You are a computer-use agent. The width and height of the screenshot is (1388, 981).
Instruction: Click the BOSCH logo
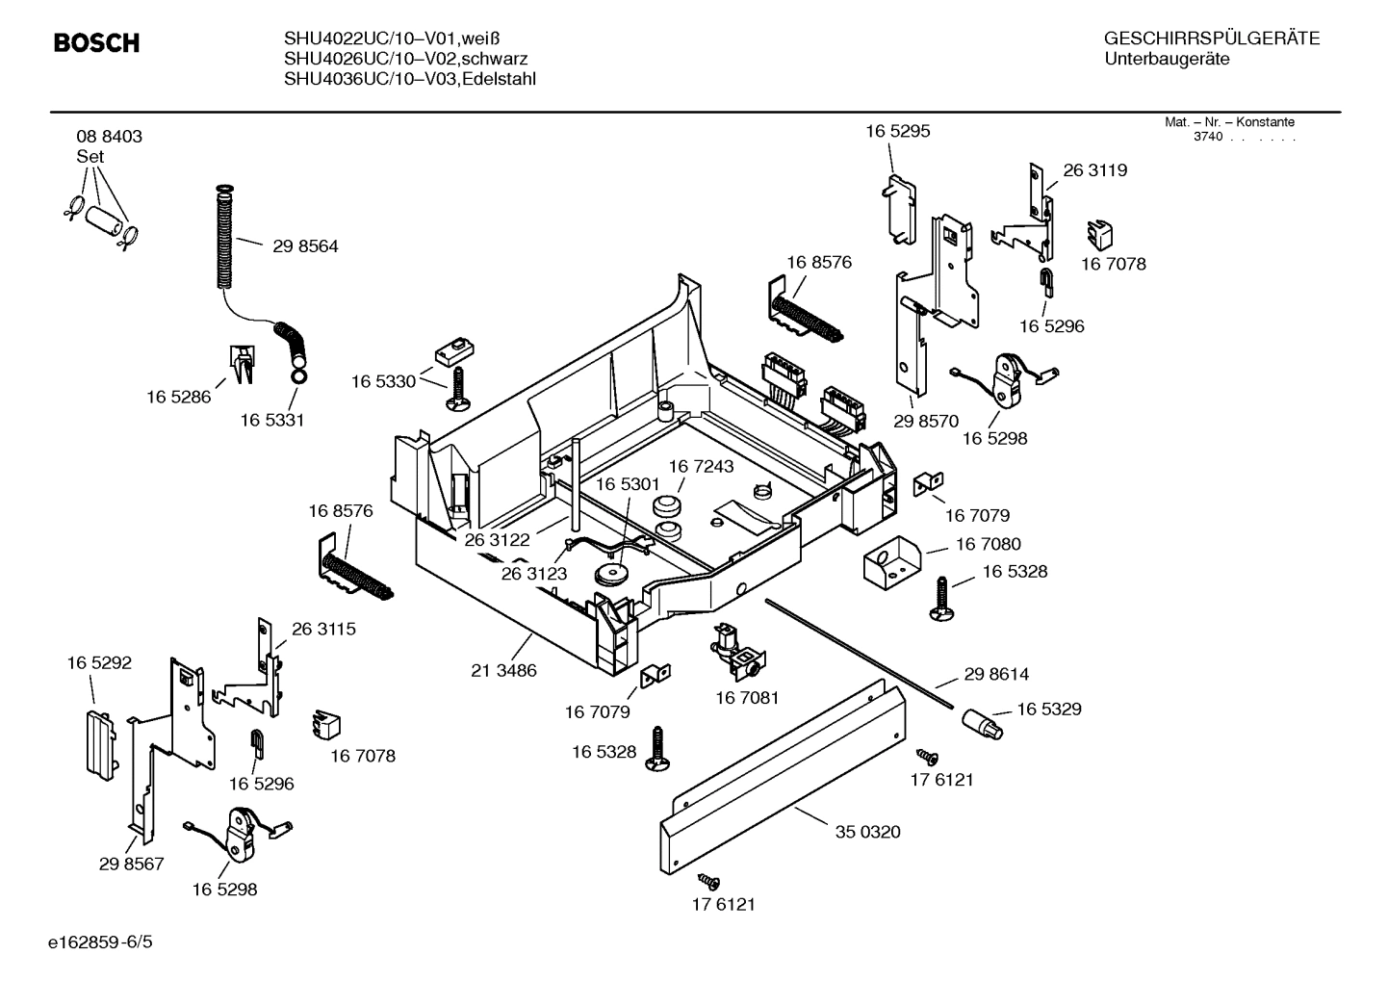[96, 42]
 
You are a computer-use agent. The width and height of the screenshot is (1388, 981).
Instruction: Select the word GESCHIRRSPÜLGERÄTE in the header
[1211, 39]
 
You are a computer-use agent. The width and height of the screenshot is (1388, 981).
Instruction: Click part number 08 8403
[109, 137]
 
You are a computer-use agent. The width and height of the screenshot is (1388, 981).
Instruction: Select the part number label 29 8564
[305, 246]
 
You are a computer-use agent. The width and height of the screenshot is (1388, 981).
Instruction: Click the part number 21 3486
[503, 670]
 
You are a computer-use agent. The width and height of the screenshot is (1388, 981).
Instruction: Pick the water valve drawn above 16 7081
[736, 651]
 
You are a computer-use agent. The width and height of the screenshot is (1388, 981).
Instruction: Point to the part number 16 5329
[1048, 710]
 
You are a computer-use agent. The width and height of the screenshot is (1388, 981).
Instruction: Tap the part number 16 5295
[897, 131]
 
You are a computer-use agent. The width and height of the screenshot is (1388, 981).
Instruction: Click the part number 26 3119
[1094, 170]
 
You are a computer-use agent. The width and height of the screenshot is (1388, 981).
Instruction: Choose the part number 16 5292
[99, 663]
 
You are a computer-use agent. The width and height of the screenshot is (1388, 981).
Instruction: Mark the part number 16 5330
[383, 382]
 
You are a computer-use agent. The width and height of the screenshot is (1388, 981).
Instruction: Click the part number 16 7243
[701, 466]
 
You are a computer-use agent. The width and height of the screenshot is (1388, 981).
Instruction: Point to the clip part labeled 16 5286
[241, 363]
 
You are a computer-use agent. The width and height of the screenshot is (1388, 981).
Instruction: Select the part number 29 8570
[925, 421]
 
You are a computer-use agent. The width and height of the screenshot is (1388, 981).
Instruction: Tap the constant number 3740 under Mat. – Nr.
[1207, 137]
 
